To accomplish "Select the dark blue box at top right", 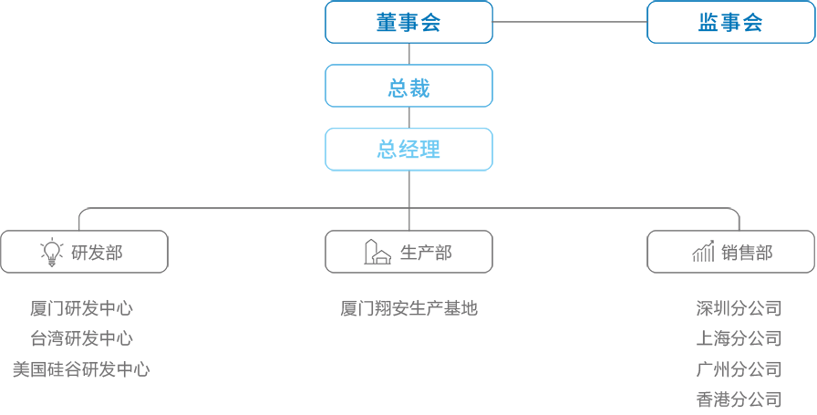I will [x=730, y=22].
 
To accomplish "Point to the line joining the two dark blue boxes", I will [x=569, y=22].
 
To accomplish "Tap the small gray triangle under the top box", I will [x=407, y=55].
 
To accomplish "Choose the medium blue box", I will [x=408, y=86].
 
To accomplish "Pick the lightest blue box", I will [x=408, y=150].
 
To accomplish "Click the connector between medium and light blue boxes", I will [x=409, y=118].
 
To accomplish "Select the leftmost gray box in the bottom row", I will [x=84, y=252].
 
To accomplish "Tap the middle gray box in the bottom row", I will [x=408, y=252].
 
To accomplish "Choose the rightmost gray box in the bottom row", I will [x=730, y=252].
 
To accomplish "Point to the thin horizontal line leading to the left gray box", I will [x=246, y=209].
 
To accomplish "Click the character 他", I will [x=470, y=308].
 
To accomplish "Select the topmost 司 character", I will [x=773, y=308].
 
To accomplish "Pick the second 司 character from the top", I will [x=773, y=338].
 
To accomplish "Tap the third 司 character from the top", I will [x=773, y=368].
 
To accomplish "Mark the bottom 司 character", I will [x=773, y=399].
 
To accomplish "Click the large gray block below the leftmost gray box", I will [x=79, y=333].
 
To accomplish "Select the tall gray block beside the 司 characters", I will [x=730, y=354].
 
